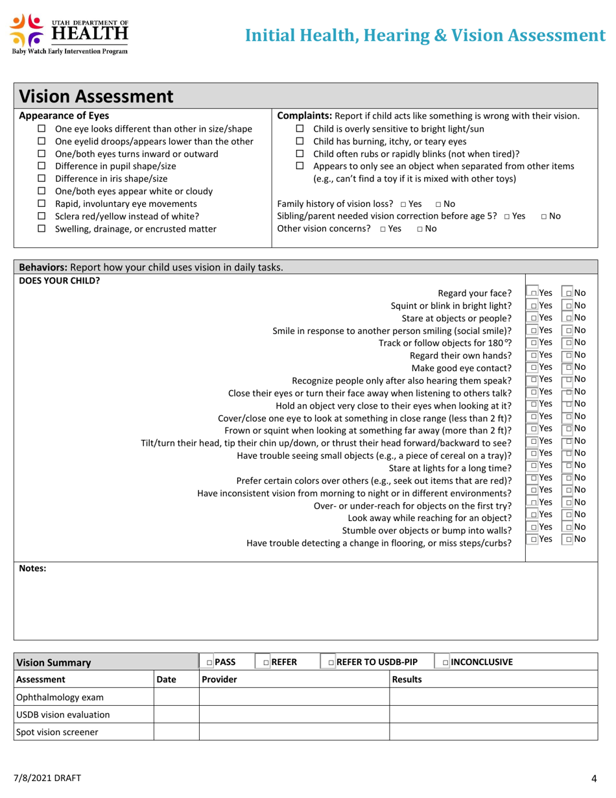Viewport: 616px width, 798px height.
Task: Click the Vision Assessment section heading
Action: pos(97,97)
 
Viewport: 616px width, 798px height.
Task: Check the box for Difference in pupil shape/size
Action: pos(42,167)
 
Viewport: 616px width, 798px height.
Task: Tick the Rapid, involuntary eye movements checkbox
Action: pos(42,204)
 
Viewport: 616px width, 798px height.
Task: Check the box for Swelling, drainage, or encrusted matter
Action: pos(42,228)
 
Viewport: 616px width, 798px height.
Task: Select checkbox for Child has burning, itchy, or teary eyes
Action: pos(300,141)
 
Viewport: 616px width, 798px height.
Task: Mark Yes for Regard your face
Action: pos(533,293)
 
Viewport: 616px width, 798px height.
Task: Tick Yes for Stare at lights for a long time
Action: pos(533,466)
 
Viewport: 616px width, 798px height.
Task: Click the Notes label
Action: pos(32,568)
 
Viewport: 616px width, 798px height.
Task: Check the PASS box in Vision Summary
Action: pos(209,662)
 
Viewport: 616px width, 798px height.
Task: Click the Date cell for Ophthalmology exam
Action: pos(176,697)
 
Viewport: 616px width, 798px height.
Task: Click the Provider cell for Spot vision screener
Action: pos(293,732)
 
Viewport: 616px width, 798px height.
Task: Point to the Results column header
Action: pos(407,679)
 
